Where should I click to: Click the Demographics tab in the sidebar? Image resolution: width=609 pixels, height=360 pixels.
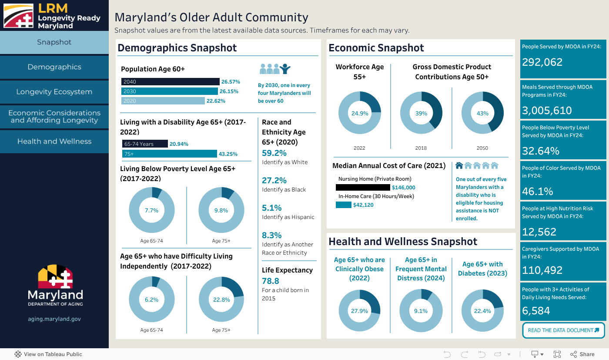coord(54,67)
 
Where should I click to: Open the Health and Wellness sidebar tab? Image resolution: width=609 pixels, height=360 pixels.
coord(54,141)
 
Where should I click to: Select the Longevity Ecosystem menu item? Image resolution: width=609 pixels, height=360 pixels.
coord(54,92)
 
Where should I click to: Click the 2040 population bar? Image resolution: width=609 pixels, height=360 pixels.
coord(170,82)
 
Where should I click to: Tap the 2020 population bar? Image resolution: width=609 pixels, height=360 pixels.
coord(163,101)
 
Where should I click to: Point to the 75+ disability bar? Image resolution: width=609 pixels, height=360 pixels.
coord(169,154)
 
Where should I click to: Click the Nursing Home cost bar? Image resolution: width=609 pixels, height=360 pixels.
coord(363,188)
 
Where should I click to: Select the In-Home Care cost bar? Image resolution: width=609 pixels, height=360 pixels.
coord(343,205)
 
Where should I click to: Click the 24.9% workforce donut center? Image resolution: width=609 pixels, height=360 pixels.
coord(360,113)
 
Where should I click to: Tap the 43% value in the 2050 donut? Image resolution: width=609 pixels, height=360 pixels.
coord(482,113)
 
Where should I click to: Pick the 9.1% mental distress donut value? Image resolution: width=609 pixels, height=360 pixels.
coord(421,311)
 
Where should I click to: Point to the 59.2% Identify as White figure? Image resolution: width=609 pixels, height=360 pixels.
coord(274,153)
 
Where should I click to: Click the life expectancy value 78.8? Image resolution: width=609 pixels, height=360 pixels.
coord(271,281)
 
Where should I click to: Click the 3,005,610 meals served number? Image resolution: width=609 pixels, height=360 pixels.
coord(547,111)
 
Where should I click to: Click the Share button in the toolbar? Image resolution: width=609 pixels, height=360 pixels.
coord(582,354)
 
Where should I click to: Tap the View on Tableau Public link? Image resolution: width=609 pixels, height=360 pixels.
coord(48,354)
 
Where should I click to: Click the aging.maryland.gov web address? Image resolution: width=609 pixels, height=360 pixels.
coord(54,319)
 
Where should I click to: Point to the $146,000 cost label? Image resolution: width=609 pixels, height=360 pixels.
coord(403,188)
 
